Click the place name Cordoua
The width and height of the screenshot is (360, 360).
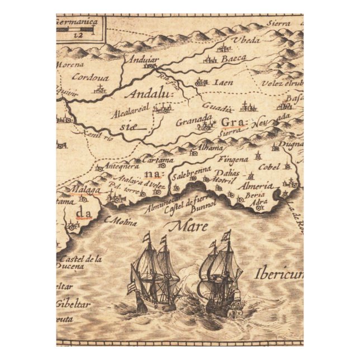tap(89, 78)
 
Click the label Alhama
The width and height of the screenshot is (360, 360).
tap(211, 147)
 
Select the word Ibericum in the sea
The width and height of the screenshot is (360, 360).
tap(278, 274)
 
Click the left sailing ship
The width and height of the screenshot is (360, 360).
tap(154, 274)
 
